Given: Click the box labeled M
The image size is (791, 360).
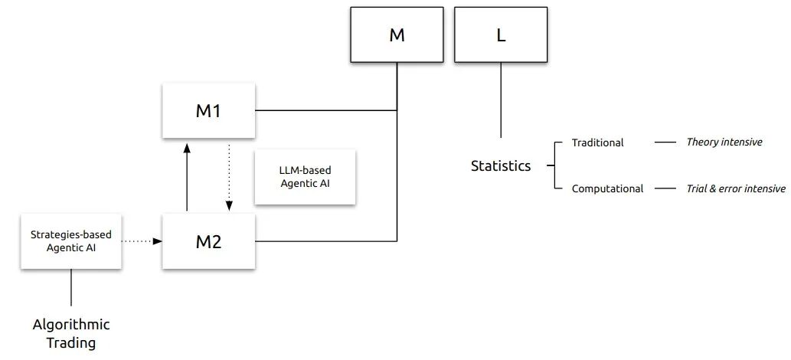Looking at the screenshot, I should (397, 35).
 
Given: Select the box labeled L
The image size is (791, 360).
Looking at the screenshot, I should (501, 35).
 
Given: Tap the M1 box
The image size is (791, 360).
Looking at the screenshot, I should (208, 111).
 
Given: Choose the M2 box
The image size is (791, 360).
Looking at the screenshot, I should (208, 242).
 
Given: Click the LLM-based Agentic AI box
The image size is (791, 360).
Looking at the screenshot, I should (305, 176).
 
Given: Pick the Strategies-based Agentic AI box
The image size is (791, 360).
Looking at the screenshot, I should (71, 241).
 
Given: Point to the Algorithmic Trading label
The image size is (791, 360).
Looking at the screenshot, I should (71, 333).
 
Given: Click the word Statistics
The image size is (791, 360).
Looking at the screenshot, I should (501, 165).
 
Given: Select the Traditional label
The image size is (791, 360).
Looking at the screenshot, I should (597, 142).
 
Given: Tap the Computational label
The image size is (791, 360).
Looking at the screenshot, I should (607, 188).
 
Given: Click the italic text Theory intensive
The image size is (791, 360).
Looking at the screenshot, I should (724, 142).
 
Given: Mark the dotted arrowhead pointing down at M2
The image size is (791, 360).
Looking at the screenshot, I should (229, 205).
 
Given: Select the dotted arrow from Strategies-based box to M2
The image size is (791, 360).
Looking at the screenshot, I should (142, 241).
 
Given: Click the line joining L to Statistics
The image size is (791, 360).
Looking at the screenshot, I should (501, 100).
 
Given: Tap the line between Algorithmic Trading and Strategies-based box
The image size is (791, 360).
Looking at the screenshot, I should (71, 287).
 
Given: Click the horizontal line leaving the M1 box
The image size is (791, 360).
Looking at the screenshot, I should (325, 111).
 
